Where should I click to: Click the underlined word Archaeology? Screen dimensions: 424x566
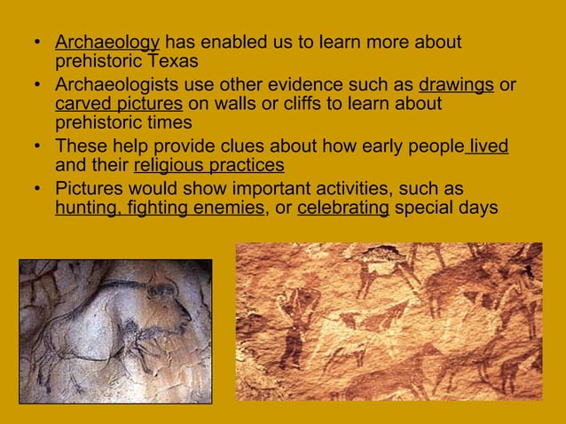(x=107, y=42)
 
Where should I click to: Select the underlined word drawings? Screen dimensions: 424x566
(x=456, y=85)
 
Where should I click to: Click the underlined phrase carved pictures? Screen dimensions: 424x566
(x=119, y=105)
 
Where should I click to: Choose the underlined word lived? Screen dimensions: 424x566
(x=489, y=145)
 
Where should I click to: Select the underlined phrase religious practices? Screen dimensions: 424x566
(x=208, y=165)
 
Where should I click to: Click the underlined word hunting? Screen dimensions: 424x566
(x=83, y=208)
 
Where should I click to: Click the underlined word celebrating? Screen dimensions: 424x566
(x=343, y=208)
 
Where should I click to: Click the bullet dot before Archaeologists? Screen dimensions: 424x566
(x=36, y=86)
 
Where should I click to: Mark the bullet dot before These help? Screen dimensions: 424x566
(x=36, y=146)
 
